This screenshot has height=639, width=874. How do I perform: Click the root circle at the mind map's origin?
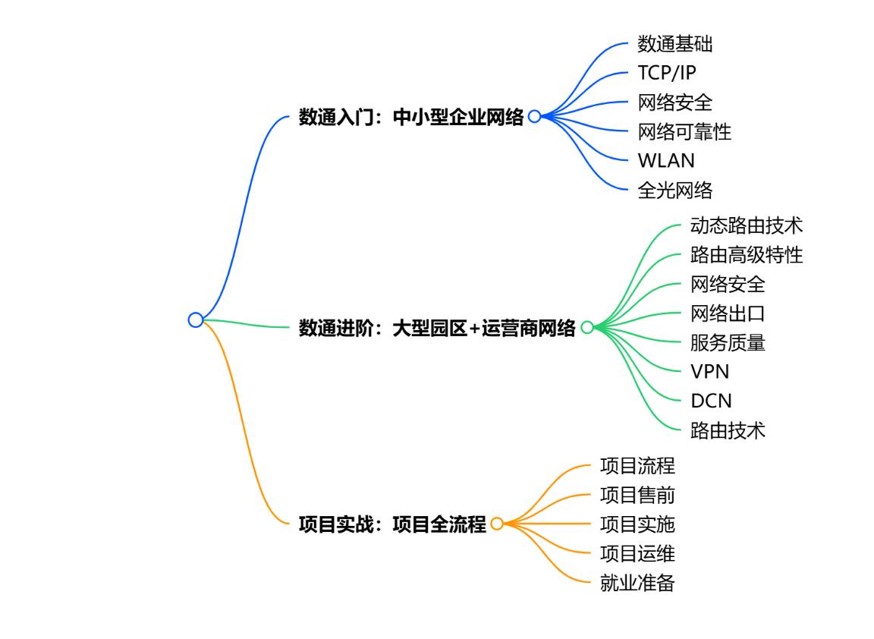190,320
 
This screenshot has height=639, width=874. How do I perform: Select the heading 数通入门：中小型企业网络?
411,117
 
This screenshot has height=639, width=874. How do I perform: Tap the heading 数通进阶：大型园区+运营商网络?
437,328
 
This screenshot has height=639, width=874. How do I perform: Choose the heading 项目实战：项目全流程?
392,524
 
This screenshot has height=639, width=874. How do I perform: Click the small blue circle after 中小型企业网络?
529,117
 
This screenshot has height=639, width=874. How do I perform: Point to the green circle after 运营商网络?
581,327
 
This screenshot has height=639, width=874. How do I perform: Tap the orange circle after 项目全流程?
492,524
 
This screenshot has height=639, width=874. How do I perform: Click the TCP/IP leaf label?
667,73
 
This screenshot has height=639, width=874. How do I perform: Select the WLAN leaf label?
666,161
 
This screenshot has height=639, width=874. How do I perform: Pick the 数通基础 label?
675,43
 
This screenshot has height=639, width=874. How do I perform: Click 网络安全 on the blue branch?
675,102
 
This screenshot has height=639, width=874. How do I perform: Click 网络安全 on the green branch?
728,285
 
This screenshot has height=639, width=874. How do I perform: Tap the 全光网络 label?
675,190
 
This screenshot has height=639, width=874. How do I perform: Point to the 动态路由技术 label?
747,225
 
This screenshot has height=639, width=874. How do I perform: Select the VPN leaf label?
709,371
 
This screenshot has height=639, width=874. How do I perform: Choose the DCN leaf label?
711,401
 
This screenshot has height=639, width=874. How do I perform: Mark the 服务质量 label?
728,342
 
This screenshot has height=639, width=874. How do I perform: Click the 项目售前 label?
637,495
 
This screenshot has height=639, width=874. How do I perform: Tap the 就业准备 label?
637,583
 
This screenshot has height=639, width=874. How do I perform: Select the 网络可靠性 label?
684,131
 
